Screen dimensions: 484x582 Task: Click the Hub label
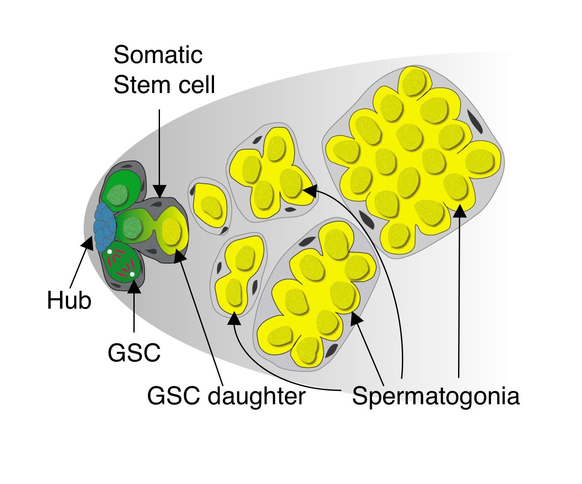pos(69,300)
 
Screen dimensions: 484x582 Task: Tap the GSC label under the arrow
pos(134,353)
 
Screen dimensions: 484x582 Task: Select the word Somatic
pos(158,55)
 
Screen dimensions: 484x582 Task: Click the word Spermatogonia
pos(435,396)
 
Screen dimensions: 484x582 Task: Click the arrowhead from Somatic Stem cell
pos(160,191)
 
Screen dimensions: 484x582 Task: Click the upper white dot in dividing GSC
pos(110,252)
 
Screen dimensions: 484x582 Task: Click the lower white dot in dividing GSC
pos(132,274)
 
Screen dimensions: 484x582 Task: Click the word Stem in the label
pos(133,84)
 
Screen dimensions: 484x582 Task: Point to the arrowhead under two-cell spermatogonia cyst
pos(234,318)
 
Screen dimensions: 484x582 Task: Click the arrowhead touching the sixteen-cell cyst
pos(460,210)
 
